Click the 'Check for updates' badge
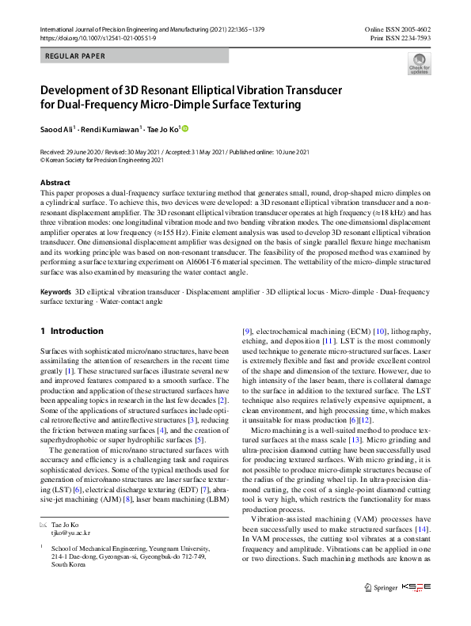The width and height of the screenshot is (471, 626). (420, 64)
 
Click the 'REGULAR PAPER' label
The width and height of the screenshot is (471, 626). (76, 56)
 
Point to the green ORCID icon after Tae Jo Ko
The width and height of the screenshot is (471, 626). (187, 128)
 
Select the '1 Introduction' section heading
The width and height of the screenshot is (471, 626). (72, 331)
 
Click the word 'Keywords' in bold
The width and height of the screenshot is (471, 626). (56, 293)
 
